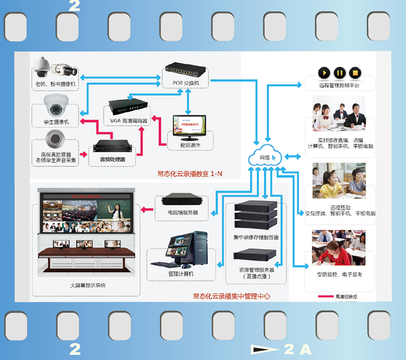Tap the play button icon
click(x=324, y=73)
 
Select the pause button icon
click(x=339, y=73)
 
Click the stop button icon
click(x=355, y=73)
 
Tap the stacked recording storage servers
click(x=256, y=215)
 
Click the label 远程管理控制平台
click(x=338, y=86)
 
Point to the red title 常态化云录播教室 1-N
click(x=190, y=174)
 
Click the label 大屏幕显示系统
click(x=87, y=285)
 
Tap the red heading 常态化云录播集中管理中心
click(x=231, y=296)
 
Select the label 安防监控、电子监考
click(x=339, y=275)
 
